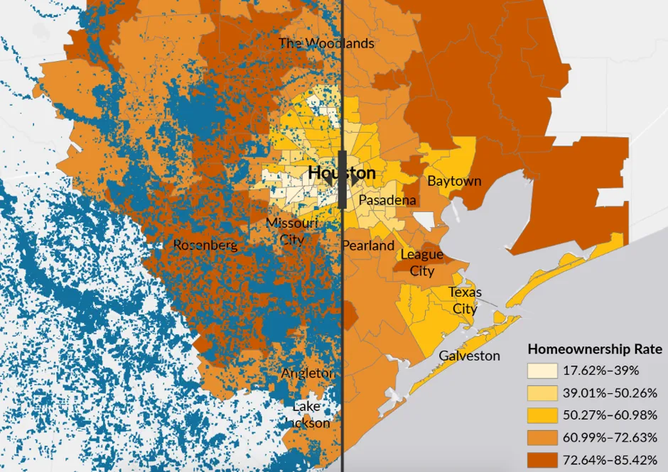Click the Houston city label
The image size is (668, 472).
[x=342, y=172]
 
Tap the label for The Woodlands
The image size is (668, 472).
[x=326, y=43]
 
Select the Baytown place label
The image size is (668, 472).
[x=454, y=181]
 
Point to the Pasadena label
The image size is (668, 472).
[x=387, y=200]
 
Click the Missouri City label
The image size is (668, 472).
[x=291, y=231]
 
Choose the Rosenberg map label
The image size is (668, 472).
[x=205, y=245]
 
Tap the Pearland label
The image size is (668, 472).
[x=368, y=246]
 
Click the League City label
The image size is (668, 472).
[x=422, y=263]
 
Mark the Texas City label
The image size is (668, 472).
[x=465, y=300]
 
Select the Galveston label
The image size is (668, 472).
[x=469, y=356]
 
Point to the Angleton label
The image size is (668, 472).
[x=307, y=373]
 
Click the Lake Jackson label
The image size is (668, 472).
[x=309, y=415]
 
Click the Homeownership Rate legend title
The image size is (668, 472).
[x=595, y=349]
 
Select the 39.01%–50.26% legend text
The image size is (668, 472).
[x=604, y=393]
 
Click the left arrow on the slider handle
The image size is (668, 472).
[x=330, y=179]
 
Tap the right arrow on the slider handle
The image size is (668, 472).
[x=354, y=179]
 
